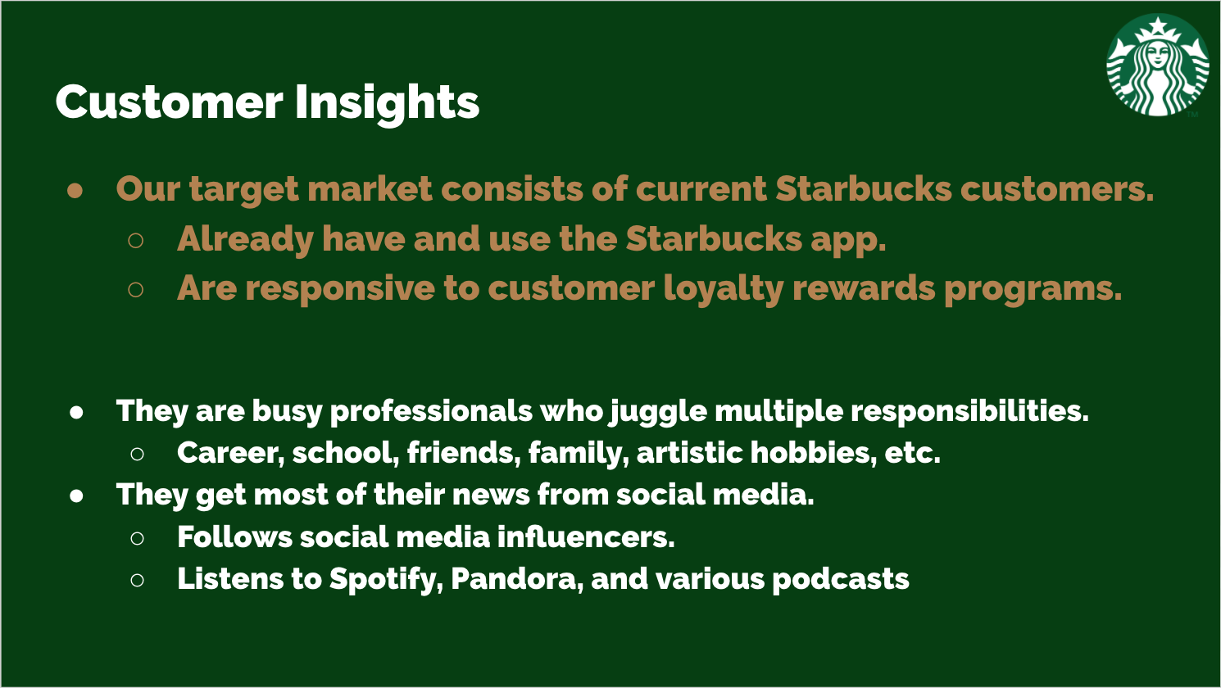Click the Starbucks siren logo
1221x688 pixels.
click(1158, 65)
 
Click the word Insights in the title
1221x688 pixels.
click(387, 103)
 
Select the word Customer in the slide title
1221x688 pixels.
click(170, 102)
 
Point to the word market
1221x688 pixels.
click(370, 189)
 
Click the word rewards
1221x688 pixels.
click(864, 288)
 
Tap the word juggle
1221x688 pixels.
click(658, 412)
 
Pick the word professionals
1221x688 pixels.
click(430, 412)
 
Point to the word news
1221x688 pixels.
click(491, 496)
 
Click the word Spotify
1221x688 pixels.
click(386, 580)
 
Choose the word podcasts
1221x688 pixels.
click(841, 580)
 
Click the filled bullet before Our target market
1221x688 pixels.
click(75, 191)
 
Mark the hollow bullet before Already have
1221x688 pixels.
click(136, 240)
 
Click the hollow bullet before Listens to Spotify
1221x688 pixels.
click(138, 580)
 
